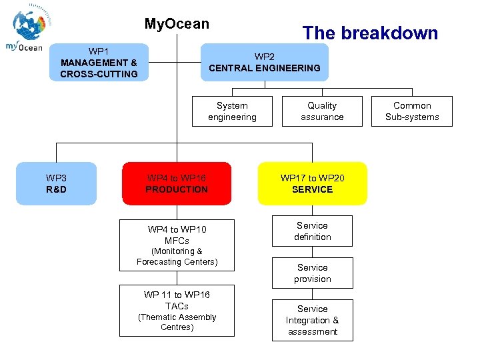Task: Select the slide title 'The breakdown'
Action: point(370,33)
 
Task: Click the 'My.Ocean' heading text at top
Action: point(177,24)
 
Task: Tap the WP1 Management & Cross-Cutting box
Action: point(99,63)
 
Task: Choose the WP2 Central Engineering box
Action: point(264,62)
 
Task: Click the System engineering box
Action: point(232,111)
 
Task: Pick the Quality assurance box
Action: point(322,111)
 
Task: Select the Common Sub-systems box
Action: point(412,111)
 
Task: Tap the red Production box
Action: point(177,183)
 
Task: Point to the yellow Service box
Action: point(312,183)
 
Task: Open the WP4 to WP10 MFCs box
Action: point(177,245)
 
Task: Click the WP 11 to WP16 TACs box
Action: point(177,311)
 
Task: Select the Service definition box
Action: point(312,231)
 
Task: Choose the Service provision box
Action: point(312,273)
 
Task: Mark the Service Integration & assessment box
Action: point(312,320)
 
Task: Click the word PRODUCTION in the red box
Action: point(177,189)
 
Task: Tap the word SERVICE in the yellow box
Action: point(312,189)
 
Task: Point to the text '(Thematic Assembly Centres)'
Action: point(177,322)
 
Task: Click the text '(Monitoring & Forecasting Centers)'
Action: point(177,257)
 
